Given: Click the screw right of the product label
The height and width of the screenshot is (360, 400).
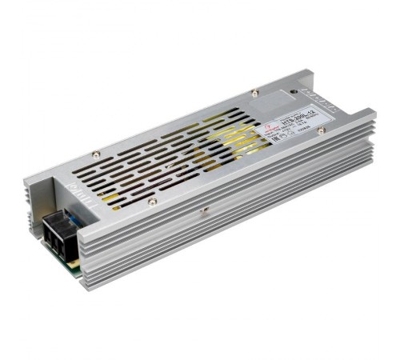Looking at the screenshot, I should pyautogui.click(x=322, y=130).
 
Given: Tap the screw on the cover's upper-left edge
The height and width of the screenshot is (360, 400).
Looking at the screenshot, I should pyautogui.click(x=95, y=154).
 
